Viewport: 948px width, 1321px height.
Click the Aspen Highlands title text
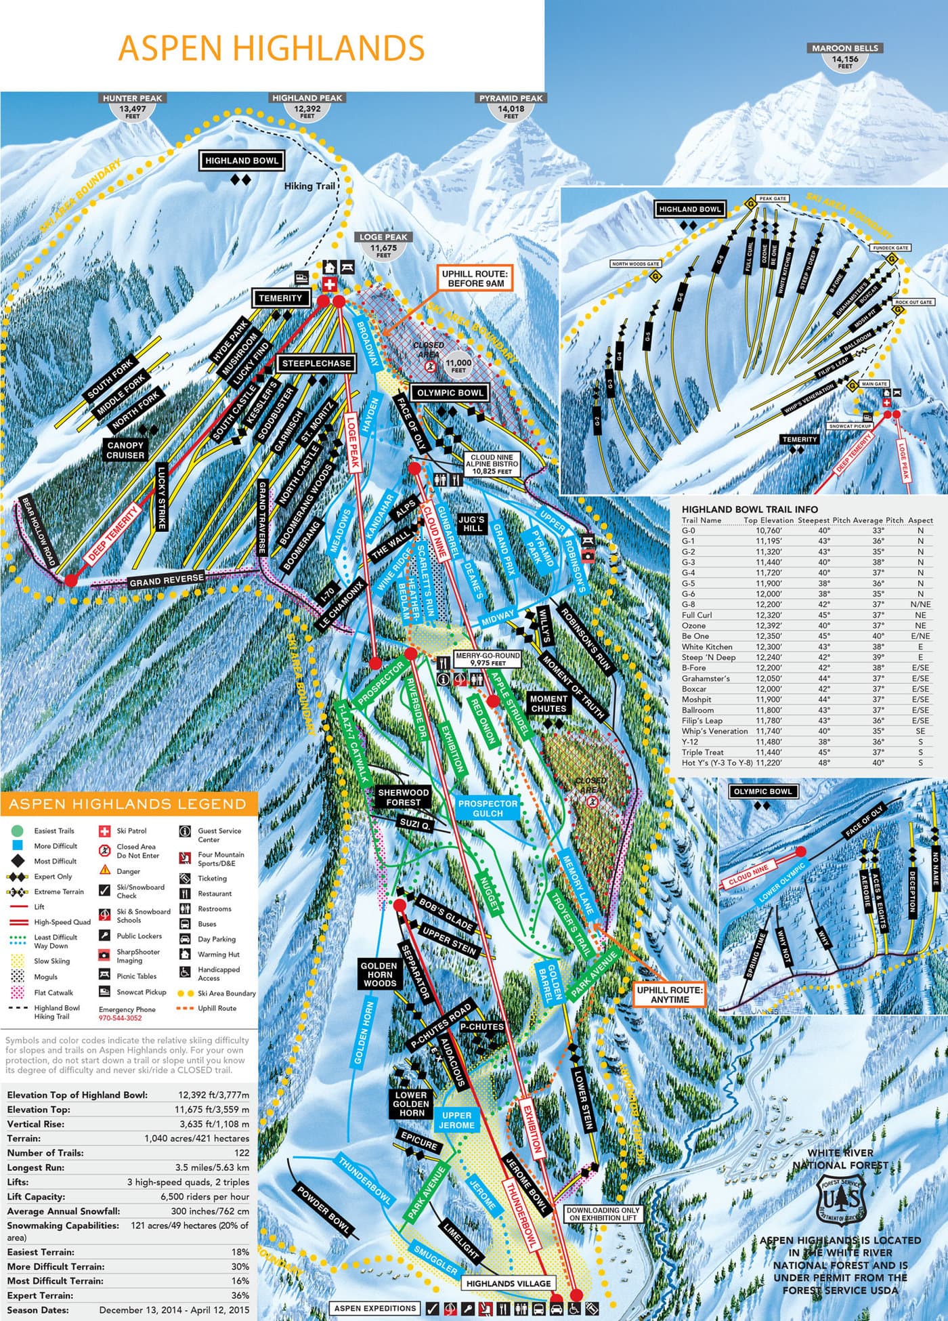click(x=272, y=48)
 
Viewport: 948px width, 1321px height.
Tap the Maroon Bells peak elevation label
click(x=844, y=57)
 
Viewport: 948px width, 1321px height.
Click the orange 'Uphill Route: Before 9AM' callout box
click(x=474, y=278)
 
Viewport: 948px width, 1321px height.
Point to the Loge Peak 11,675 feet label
click(x=384, y=246)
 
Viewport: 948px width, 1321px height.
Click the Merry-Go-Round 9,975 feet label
click(x=478, y=660)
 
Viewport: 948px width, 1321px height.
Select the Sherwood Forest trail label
click(x=404, y=797)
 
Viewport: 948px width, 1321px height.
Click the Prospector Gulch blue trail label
click(x=488, y=808)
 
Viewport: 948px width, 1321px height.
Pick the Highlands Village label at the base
click(x=509, y=1283)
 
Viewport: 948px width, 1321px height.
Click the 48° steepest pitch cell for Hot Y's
click(x=823, y=763)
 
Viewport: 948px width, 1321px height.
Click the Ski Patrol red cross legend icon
click(x=105, y=831)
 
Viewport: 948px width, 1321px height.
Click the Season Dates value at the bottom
click(x=174, y=1309)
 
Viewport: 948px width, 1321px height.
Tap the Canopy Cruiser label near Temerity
click(x=125, y=450)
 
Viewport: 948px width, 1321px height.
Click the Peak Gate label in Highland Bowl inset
click(x=773, y=198)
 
